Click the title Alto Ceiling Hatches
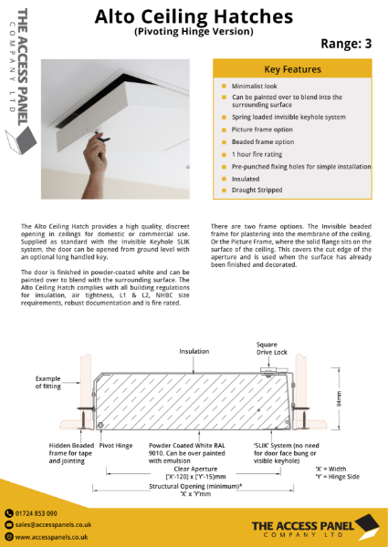point(194,16)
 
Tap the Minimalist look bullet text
point(257,85)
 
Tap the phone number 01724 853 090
point(37,514)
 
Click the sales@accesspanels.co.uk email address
point(51,526)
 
